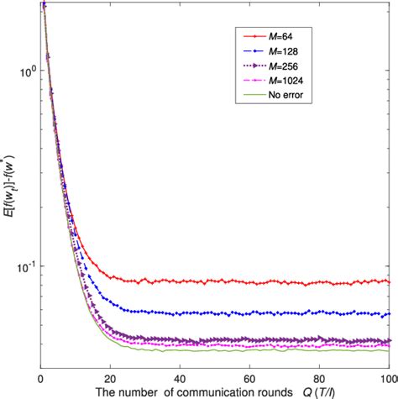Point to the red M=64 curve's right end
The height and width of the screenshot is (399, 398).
pos(388,281)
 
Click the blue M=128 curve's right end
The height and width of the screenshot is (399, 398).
pos(388,314)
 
